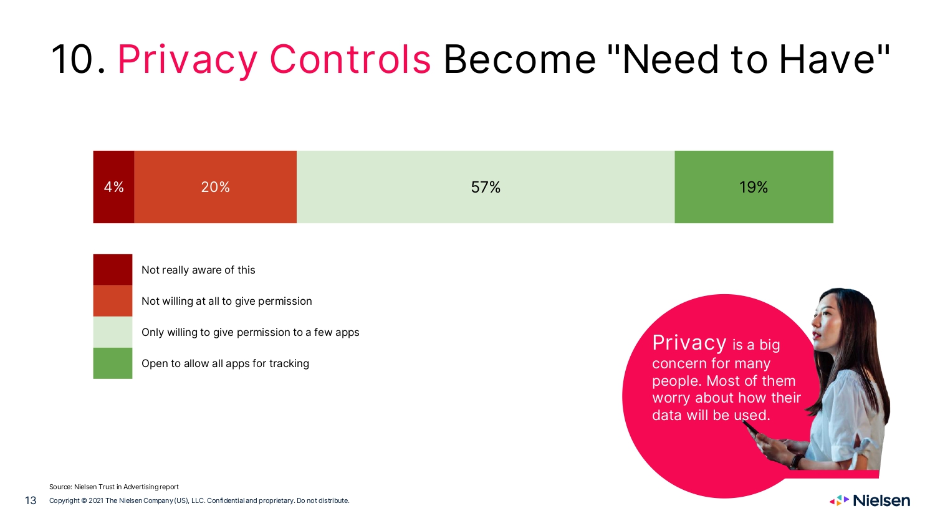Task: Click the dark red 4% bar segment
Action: pos(113,186)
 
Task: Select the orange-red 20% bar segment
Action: pos(216,186)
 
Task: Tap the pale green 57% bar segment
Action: pos(486,186)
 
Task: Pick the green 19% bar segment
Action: pos(754,186)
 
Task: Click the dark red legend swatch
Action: pos(113,270)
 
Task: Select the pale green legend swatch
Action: pos(113,332)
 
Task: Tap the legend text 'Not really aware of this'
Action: pos(198,270)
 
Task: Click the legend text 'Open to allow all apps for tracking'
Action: pos(226,363)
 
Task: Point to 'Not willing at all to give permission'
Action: pos(227,302)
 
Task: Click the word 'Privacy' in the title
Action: pos(188,60)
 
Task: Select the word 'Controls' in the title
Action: pos(350,59)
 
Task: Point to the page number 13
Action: pos(31,500)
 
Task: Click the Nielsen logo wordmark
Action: pos(881,500)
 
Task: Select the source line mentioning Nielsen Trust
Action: pos(114,487)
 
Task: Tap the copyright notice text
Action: pos(199,500)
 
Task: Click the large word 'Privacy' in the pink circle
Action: pos(689,343)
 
